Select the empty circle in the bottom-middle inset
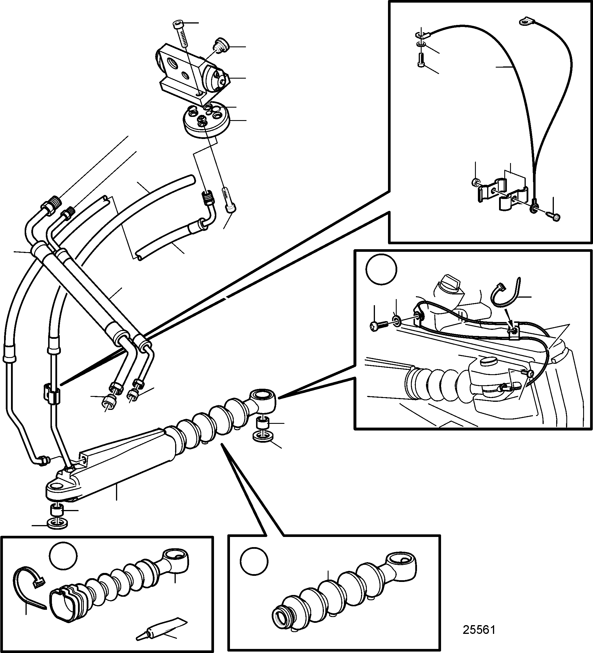click(x=254, y=561)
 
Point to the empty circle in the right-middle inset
click(x=382, y=269)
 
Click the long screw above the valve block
click(x=180, y=34)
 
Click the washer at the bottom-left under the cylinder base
click(x=58, y=523)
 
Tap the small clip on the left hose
click(x=52, y=393)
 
